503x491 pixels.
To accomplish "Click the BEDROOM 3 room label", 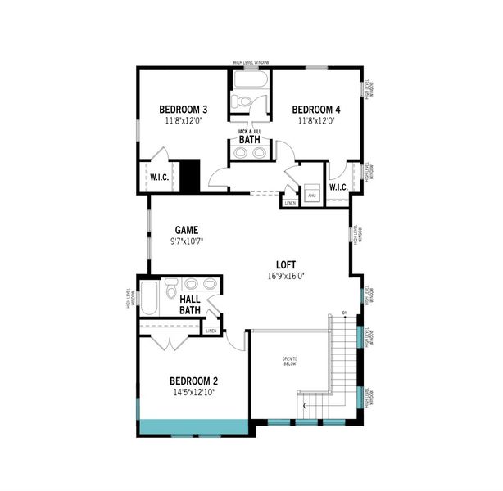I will [182, 110].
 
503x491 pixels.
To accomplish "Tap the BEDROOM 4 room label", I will [315, 110].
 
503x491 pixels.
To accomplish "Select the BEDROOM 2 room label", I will [193, 381].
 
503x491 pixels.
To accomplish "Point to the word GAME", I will [187, 230].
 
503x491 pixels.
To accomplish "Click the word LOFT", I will [285, 264].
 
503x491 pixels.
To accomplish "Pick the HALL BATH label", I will [190, 304].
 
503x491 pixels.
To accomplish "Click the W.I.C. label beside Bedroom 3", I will [158, 177].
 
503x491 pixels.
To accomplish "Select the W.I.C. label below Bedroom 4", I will [338, 187].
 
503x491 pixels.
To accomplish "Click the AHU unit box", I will [311, 196].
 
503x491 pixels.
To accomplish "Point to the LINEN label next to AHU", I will [290, 202].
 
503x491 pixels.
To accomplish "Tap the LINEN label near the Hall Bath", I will [211, 331].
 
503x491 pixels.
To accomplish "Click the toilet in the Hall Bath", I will [170, 290].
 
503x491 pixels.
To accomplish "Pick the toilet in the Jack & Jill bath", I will [241, 102].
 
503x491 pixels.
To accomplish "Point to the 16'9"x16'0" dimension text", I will [286, 276].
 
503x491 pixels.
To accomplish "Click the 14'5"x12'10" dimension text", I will [193, 392].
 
